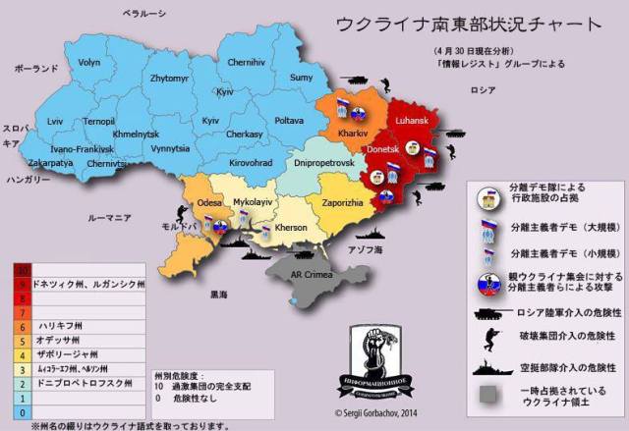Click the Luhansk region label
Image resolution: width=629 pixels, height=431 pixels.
[414, 121]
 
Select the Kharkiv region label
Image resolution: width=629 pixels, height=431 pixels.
[351, 131]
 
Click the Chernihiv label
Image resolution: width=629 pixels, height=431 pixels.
[246, 62]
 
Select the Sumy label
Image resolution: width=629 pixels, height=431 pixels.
[302, 78]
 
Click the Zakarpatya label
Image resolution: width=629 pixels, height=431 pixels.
[49, 162]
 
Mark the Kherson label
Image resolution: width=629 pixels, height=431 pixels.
[291, 227]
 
